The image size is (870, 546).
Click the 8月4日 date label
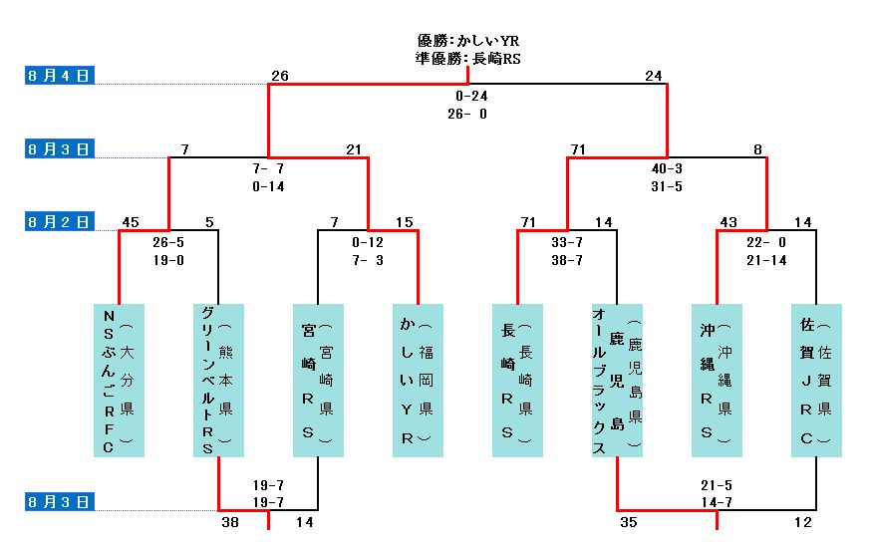(60, 75)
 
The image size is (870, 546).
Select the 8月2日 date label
(60, 221)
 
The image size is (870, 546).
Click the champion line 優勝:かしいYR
(467, 41)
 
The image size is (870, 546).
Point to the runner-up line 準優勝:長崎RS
(467, 59)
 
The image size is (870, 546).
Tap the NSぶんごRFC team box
(119, 380)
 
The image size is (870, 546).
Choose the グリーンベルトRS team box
(218, 380)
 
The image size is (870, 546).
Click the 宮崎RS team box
(318, 380)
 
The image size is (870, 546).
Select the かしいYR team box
(418, 380)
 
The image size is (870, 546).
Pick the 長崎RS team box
(517, 380)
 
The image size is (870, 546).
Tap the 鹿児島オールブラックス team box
(617, 380)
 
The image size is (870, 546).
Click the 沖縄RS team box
(717, 380)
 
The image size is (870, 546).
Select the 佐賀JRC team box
(816, 380)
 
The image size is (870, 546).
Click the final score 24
(654, 76)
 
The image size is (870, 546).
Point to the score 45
(131, 222)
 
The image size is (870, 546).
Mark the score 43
(728, 222)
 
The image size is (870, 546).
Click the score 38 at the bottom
(231, 520)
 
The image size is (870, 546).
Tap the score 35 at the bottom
(629, 520)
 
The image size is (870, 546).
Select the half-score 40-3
(667, 169)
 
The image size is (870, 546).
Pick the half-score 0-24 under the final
(470, 97)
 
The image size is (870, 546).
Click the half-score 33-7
(567, 242)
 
